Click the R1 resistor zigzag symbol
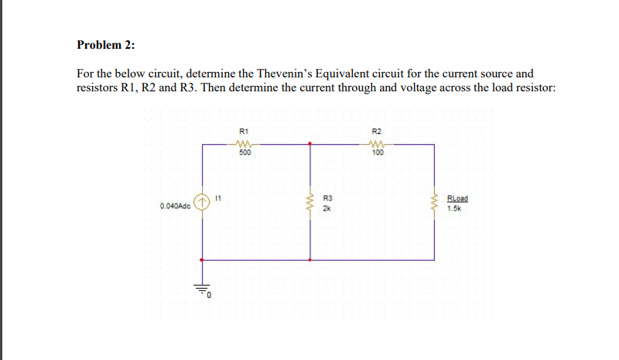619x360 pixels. (245, 143)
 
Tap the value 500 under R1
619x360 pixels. (245, 153)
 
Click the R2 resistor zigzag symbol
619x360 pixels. (378, 143)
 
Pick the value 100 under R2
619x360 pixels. (378, 153)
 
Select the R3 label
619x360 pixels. (327, 199)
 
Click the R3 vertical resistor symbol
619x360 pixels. (310, 204)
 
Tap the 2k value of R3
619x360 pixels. (326, 208)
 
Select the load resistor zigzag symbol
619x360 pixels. (434, 204)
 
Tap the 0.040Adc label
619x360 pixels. (176, 207)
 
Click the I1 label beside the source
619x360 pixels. (219, 199)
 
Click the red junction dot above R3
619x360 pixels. (310, 144)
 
